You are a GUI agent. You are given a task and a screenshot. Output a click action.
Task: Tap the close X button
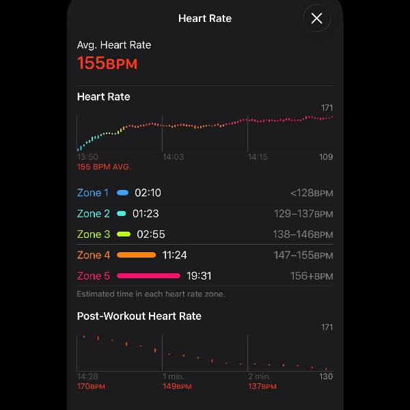316,19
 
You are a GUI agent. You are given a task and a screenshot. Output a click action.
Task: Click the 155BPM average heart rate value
107,64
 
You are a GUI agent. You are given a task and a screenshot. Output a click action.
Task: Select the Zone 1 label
93,193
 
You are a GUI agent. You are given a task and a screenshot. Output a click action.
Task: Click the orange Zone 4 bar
137,255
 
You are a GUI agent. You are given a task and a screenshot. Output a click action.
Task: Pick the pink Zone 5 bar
148,276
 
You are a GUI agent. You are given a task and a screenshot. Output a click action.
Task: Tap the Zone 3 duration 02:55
151,234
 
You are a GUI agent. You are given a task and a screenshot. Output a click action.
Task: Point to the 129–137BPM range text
303,214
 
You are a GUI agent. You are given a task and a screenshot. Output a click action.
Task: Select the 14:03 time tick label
173,157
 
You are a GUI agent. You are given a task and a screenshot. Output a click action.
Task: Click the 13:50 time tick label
87,157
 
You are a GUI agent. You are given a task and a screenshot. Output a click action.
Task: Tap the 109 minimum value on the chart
326,157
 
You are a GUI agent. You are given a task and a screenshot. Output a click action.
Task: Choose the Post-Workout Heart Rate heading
139,316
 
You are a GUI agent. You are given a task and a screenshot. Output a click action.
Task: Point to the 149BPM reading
176,386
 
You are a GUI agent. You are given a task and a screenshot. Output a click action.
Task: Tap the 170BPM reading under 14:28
91,386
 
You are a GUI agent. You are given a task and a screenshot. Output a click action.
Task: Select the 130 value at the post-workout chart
326,377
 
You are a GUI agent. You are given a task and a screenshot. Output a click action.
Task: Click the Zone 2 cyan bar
122,214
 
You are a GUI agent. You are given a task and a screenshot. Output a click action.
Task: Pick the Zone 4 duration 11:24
174,255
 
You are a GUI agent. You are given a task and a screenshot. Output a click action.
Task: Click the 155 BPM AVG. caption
104,167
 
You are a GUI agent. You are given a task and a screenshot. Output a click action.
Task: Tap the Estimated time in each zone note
151,294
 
